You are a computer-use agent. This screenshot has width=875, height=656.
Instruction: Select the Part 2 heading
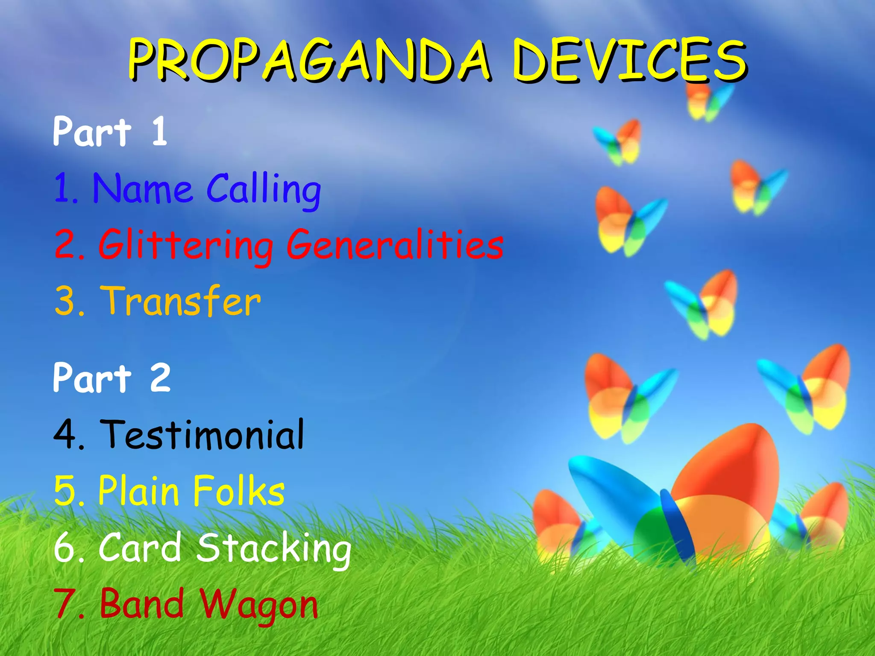112,378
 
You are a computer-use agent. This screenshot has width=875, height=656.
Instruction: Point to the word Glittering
186,245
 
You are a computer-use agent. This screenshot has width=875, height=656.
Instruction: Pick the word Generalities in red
395,245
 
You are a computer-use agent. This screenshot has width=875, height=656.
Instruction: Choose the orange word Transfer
180,302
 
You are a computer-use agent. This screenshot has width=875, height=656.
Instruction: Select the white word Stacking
273,548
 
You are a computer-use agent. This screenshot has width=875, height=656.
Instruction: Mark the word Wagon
259,605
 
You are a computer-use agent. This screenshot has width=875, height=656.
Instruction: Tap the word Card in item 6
140,548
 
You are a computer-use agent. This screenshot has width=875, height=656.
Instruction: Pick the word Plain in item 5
138,491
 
